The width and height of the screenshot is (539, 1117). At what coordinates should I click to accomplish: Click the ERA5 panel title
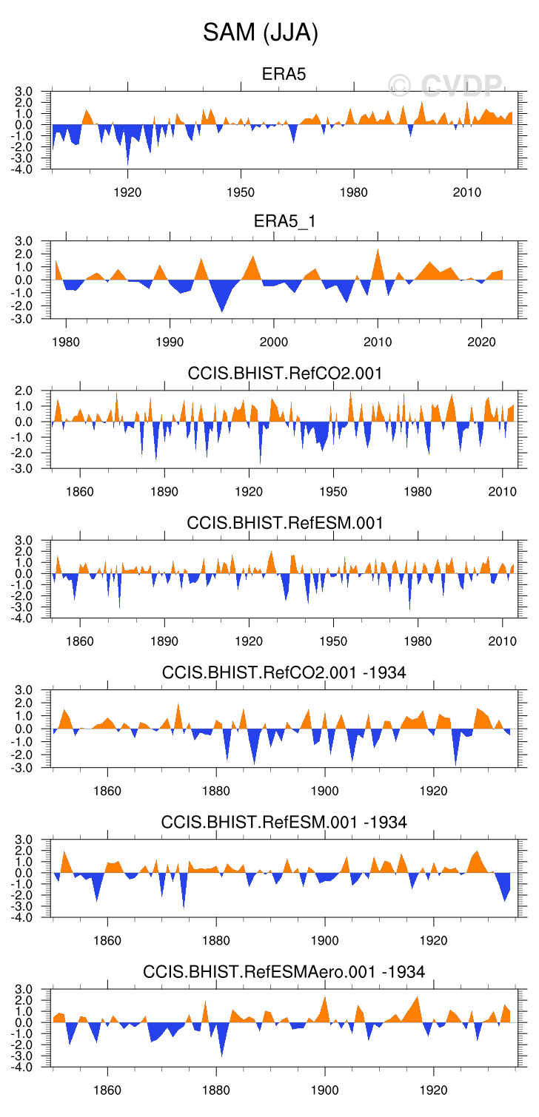284,74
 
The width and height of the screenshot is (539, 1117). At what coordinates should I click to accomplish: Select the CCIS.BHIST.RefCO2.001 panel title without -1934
284,374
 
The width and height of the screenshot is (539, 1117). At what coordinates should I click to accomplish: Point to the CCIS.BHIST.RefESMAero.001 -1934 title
284,971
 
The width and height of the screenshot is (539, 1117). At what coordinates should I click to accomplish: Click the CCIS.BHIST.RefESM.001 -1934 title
284,822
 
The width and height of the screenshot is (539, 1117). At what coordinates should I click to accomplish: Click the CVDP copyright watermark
446,87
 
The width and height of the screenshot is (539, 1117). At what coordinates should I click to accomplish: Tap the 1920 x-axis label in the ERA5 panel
127,193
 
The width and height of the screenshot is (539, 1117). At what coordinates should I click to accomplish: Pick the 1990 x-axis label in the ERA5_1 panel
170,343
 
